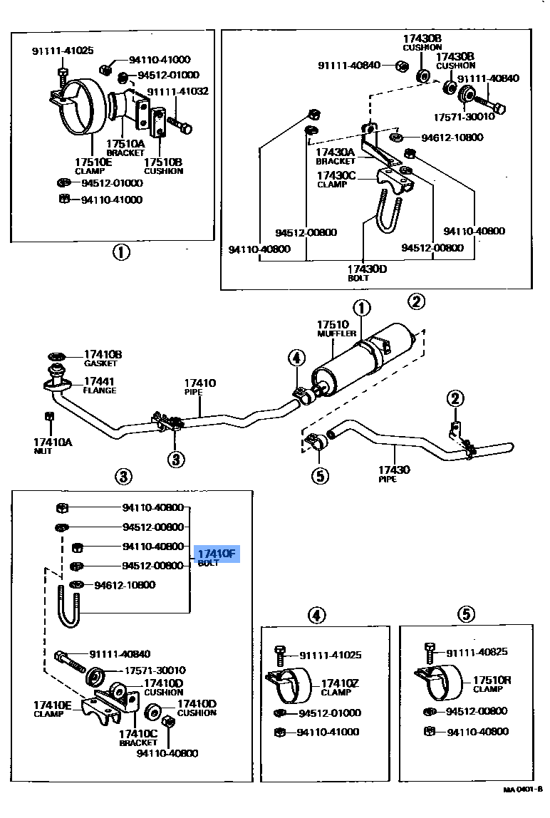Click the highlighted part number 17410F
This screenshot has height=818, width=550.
click(217, 554)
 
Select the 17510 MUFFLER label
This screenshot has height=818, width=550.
click(333, 328)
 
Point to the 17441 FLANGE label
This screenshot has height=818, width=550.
click(100, 385)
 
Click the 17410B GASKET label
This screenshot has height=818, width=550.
click(103, 358)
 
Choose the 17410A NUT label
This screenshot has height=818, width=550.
click(53, 446)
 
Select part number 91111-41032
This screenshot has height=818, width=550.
click(177, 91)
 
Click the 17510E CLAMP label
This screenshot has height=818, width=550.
click(93, 166)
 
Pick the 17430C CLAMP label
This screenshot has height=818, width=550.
click(336, 180)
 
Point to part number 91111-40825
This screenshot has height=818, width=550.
click(477, 653)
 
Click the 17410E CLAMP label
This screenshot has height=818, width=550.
click(53, 709)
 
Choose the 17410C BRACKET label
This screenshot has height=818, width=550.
click(137, 737)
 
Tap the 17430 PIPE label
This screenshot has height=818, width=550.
click(393, 474)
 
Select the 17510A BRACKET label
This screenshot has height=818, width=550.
click(126, 147)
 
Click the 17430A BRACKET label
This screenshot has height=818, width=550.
click(336, 156)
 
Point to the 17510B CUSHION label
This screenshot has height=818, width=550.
click(163, 166)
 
